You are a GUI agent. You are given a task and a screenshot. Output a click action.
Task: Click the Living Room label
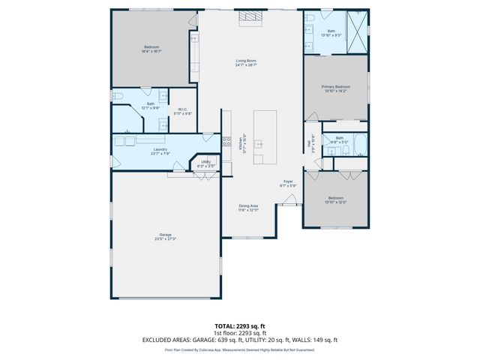[247, 61]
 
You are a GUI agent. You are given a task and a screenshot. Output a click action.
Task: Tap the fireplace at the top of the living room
[248, 19]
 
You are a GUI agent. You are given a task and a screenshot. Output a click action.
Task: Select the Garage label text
[165, 235]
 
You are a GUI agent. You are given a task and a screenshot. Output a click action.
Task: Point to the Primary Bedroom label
[336, 86]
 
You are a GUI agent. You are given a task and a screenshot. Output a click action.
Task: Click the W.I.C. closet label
[182, 109]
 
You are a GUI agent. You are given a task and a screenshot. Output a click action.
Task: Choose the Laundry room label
[160, 149]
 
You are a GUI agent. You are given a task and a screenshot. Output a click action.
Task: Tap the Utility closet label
[205, 161]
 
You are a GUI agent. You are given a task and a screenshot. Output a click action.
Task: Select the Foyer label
[288, 181]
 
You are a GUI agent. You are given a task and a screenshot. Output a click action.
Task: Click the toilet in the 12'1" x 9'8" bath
[118, 97]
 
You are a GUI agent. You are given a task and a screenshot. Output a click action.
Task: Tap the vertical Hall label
[308, 143]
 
